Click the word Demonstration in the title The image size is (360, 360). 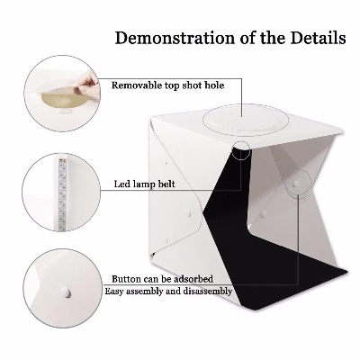[x=175, y=38]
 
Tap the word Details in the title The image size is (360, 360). [x=318, y=38]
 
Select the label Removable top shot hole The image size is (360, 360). [x=167, y=85]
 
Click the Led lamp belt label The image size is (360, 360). [x=144, y=184]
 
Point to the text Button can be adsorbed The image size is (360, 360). [x=162, y=279]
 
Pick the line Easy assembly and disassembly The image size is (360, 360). [x=168, y=292]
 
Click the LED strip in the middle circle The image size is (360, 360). [x=64, y=194]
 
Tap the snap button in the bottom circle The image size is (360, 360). [x=65, y=291]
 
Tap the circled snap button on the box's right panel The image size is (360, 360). [x=295, y=182]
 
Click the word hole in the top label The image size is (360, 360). [x=214, y=85]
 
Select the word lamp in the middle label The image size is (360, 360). [x=143, y=184]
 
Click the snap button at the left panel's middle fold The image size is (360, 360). [x=189, y=214]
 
